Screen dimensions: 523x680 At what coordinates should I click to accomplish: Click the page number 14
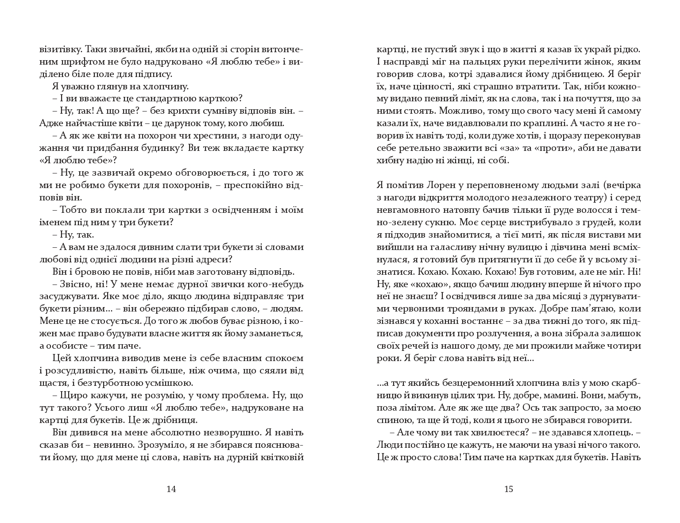click(x=171, y=489)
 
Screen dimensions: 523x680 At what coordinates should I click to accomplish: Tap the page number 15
click(x=508, y=489)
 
